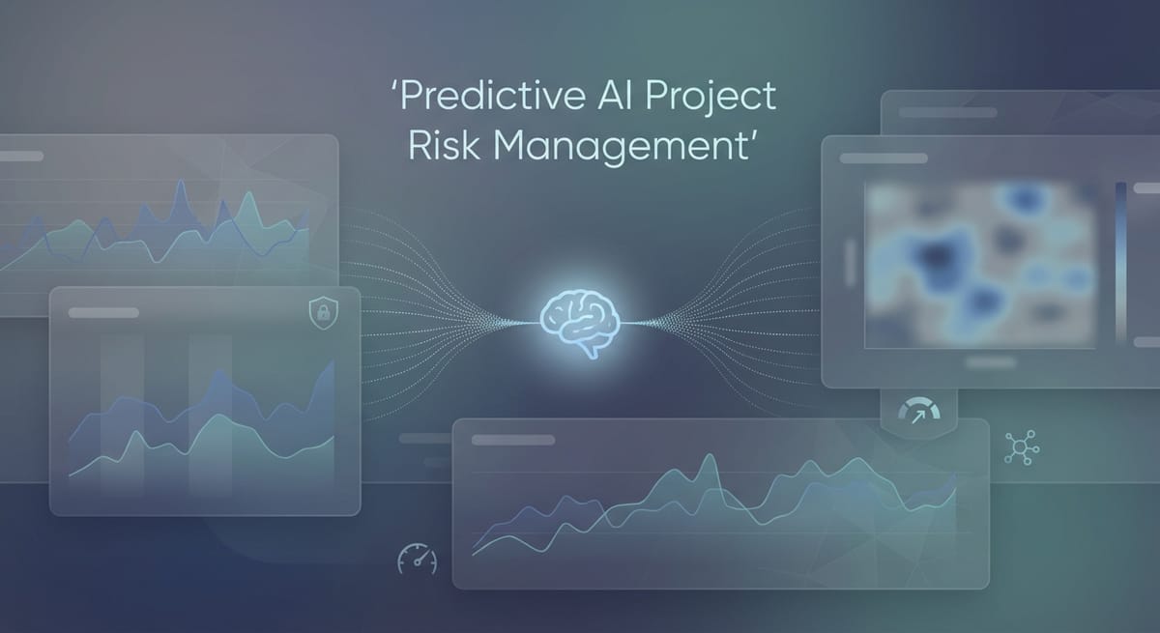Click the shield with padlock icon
[x=320, y=312]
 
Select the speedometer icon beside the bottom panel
[x=417, y=560]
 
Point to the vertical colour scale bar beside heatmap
[x=1120, y=261]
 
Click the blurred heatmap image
[x=980, y=265]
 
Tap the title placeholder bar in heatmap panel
[x=884, y=158]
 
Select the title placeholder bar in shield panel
[x=103, y=312]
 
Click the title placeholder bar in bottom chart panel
[x=513, y=440]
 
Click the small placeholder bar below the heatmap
[x=990, y=363]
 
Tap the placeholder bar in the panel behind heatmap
[x=947, y=112]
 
